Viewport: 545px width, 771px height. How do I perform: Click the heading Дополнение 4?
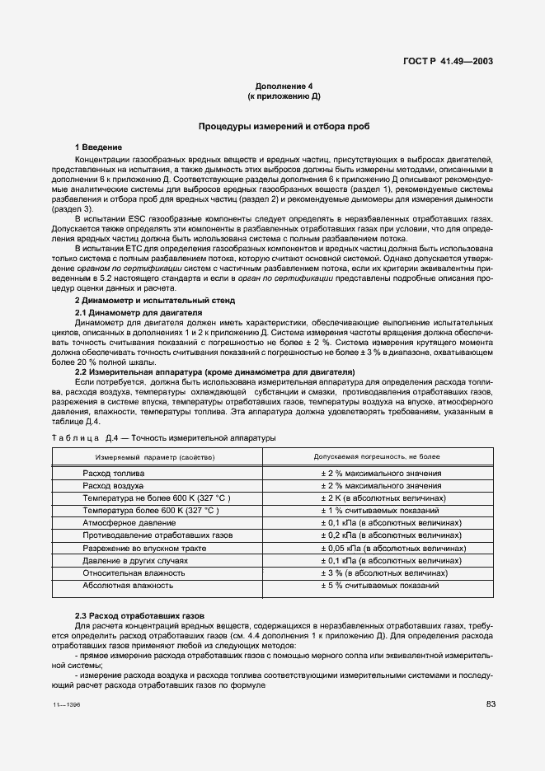click(x=284, y=86)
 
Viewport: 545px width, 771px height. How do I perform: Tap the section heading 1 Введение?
click(x=99, y=147)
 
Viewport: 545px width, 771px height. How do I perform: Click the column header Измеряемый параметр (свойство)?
click(x=155, y=456)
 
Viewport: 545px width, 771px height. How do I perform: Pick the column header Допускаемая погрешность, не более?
click(x=377, y=456)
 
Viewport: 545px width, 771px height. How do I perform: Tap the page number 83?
click(x=491, y=703)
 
